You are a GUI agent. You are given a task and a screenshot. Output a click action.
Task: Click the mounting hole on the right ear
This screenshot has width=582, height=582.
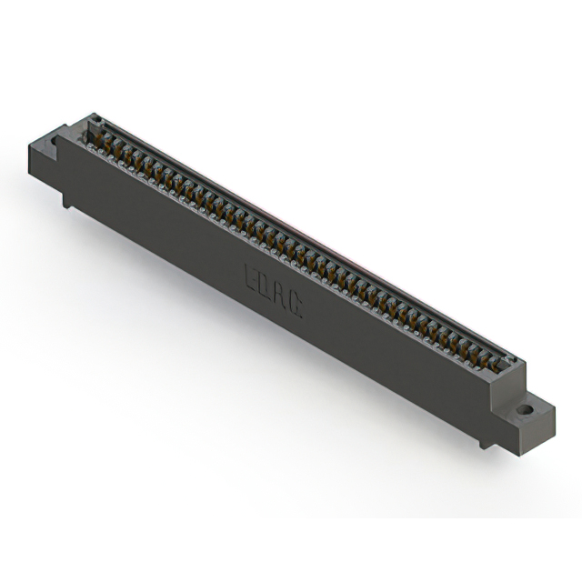(x=525, y=410)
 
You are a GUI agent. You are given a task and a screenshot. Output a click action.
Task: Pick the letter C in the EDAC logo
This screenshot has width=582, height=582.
(x=296, y=306)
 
